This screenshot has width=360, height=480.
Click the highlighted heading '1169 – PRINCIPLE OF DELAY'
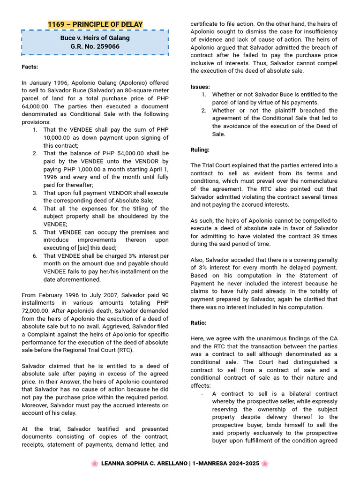click(95, 24)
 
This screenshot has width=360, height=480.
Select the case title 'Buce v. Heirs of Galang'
click(95, 38)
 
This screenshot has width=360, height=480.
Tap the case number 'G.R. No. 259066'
click(95, 47)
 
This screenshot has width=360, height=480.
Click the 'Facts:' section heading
click(30, 67)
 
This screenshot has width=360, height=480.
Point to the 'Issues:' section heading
click(200, 87)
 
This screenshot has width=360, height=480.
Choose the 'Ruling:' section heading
click(200, 150)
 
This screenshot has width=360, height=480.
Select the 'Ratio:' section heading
click(198, 323)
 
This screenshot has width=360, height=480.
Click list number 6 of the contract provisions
click(35, 256)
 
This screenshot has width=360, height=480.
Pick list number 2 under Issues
click(204, 111)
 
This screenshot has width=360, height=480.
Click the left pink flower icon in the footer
click(95, 464)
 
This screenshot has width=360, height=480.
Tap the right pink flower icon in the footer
click(265, 464)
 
